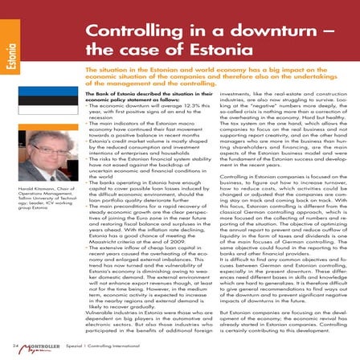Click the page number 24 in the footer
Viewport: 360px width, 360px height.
(x=15, y=346)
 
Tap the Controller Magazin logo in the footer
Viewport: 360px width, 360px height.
(x=48, y=346)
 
